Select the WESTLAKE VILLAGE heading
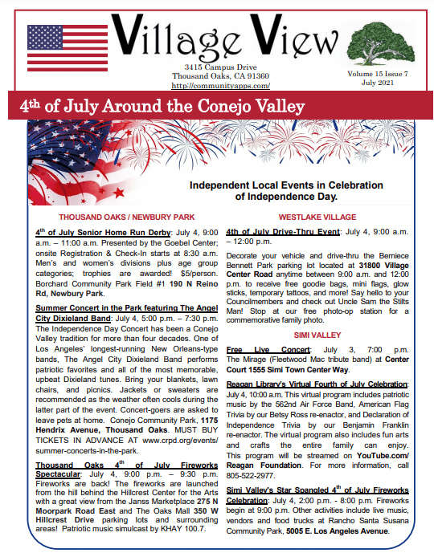click(x=317, y=217)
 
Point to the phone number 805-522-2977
click(x=251, y=474)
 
